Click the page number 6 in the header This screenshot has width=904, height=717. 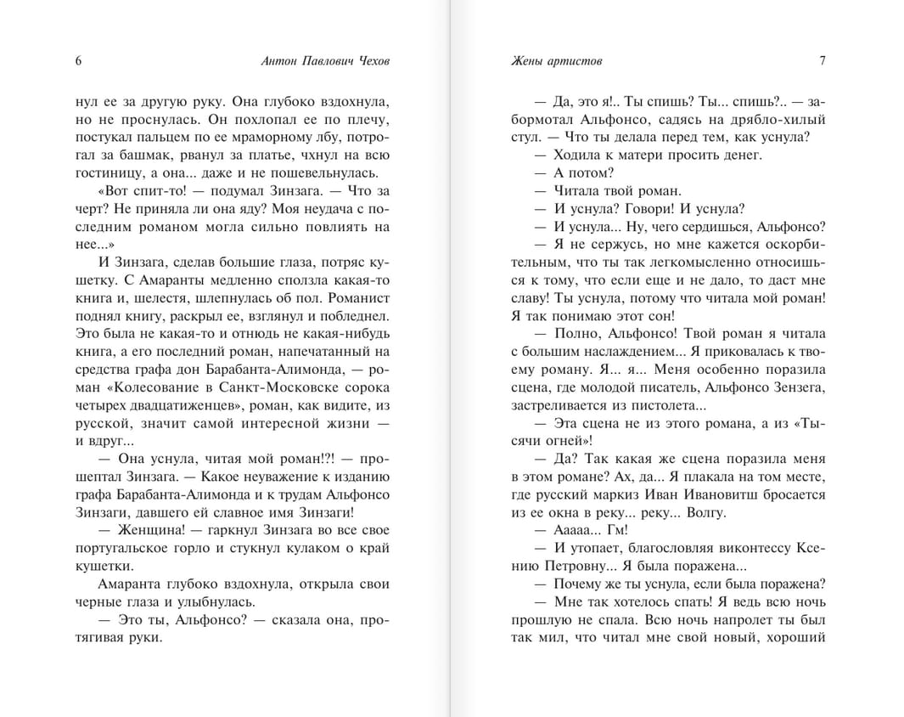pos(78,60)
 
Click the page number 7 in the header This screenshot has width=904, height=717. pos(823,60)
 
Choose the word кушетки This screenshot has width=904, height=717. pos(104,566)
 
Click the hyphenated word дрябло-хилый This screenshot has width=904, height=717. pos(780,120)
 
